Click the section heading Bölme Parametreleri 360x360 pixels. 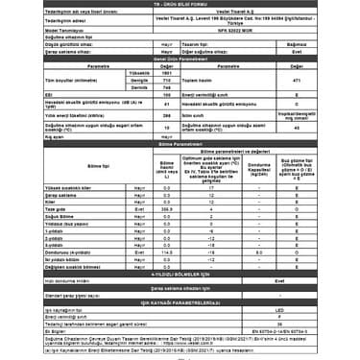click(180, 146)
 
